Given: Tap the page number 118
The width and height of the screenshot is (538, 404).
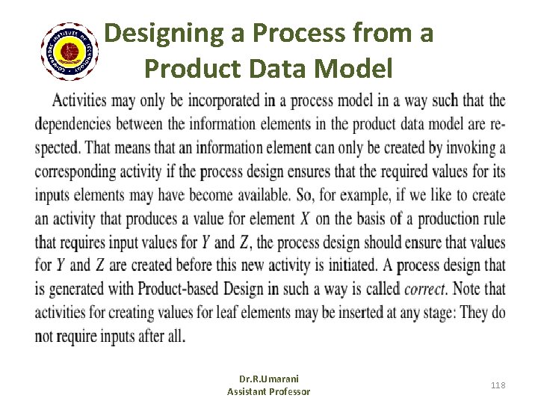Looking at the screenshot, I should (x=498, y=385).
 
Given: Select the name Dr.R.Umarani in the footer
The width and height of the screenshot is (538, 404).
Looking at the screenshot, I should (x=268, y=379).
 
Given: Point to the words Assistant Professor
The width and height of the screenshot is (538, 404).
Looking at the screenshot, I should (x=268, y=391).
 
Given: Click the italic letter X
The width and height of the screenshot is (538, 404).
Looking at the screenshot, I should (x=305, y=218).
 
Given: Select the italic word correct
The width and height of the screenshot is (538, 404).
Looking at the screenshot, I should (x=424, y=289).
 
